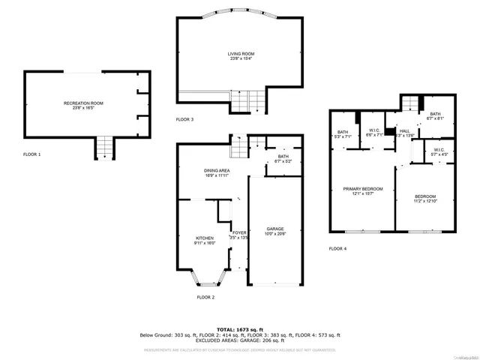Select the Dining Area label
pyautogui.click(x=216, y=172)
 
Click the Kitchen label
pyautogui.click(x=193, y=241)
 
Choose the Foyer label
pyautogui.click(x=239, y=235)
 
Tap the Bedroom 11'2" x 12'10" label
pyautogui.click(x=425, y=199)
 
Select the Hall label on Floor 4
pyautogui.click(x=404, y=133)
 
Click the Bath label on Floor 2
pyautogui.click(x=283, y=159)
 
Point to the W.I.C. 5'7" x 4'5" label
pyautogui.click(x=439, y=151)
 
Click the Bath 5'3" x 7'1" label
pyautogui.click(x=342, y=135)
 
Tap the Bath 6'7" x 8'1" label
pyautogui.click(x=435, y=115)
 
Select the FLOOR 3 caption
pyautogui.click(x=184, y=119)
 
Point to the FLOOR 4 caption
pyautogui.click(x=337, y=248)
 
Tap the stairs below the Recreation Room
pyautogui.click(x=103, y=148)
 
